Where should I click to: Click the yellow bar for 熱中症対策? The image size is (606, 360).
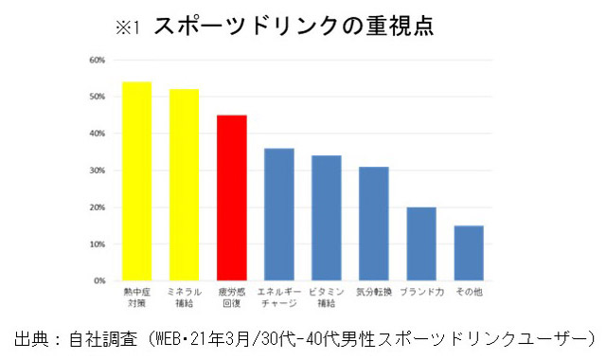(x=137, y=181)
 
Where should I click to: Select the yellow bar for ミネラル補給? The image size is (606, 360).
(x=185, y=185)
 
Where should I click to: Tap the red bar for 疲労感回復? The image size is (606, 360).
(x=232, y=198)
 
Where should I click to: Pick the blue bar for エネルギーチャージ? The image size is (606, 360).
(x=279, y=214)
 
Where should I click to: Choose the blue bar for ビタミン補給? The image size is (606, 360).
(x=327, y=218)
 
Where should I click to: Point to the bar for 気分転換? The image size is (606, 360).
(x=374, y=224)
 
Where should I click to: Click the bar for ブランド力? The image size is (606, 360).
(x=421, y=243)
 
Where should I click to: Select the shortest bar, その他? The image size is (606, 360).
(x=469, y=253)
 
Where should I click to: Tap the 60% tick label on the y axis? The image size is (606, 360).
(x=97, y=60)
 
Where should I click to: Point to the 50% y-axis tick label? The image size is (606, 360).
(x=97, y=97)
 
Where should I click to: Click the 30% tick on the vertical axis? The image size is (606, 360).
(x=97, y=171)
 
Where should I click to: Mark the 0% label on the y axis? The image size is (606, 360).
(x=98, y=281)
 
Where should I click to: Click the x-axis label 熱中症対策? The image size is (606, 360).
(x=137, y=298)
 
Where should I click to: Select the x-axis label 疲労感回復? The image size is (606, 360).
(x=232, y=298)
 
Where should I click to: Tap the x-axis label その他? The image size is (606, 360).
(x=469, y=293)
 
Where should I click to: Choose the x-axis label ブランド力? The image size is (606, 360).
(x=421, y=293)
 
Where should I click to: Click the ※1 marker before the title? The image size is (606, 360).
(x=128, y=27)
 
